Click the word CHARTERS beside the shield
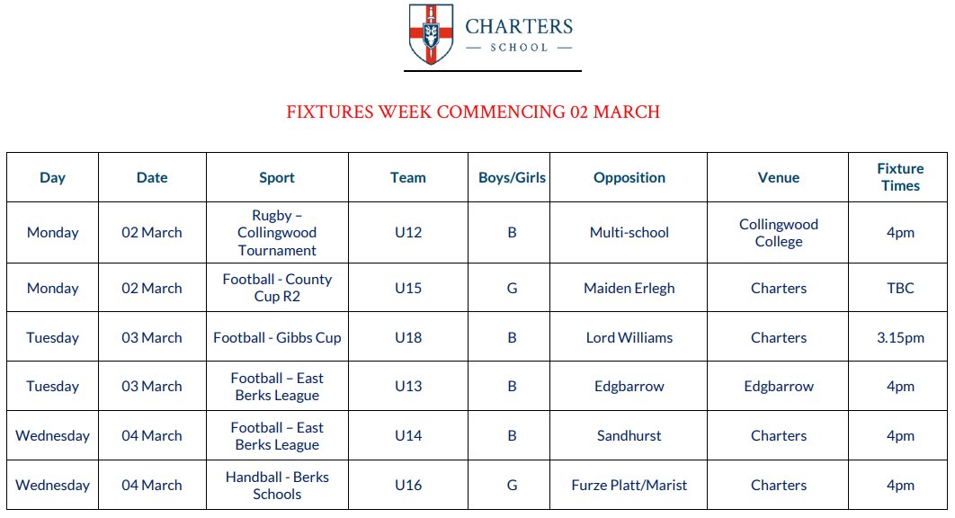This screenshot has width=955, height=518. (519, 26)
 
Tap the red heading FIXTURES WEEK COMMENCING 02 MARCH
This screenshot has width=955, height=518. (473, 112)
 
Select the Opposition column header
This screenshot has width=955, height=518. (629, 178)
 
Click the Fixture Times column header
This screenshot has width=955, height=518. (900, 177)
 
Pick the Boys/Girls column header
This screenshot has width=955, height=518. (512, 178)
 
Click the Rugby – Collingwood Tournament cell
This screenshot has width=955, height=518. (277, 233)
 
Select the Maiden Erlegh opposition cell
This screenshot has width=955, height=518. (629, 289)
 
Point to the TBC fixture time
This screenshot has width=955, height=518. (900, 289)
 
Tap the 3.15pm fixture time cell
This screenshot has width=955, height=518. (900, 338)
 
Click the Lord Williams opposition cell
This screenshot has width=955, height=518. (629, 338)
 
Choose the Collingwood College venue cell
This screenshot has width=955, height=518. (779, 233)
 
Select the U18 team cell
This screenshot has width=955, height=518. (408, 338)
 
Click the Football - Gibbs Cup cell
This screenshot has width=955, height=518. (277, 338)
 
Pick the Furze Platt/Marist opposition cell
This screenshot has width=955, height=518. (629, 486)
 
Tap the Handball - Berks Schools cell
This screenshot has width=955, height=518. (277, 486)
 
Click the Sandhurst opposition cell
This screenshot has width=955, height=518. (629, 436)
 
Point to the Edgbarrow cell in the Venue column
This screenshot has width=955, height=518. (779, 387)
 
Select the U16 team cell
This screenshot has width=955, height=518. (408, 486)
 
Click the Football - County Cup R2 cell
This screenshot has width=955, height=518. (277, 289)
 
